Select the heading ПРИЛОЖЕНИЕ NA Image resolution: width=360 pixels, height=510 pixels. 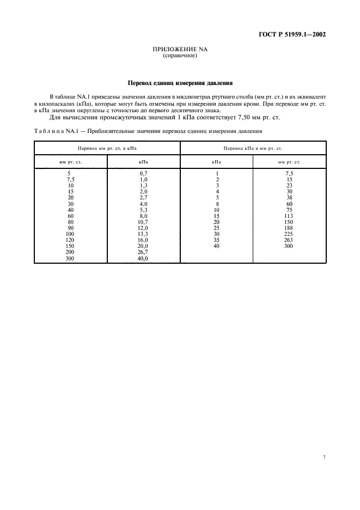point(180,50)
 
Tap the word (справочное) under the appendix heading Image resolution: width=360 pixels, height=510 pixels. point(180,56)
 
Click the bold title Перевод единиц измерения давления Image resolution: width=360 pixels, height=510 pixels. point(180,83)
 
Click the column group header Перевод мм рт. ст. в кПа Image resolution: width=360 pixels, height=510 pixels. point(107,148)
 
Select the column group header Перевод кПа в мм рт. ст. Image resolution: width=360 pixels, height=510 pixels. point(253,148)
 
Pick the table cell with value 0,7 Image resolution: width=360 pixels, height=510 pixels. point(144,173)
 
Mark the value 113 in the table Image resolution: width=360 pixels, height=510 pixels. point(289,216)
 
